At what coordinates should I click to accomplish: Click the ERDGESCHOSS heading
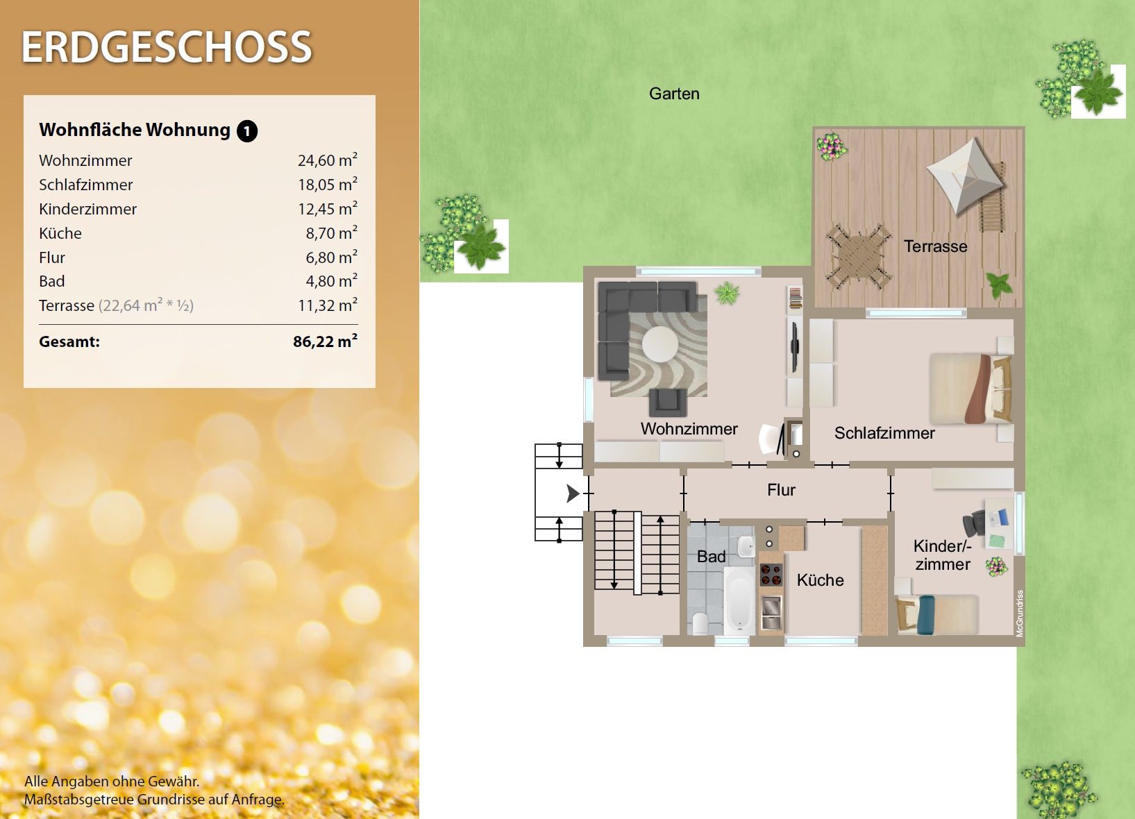[x=167, y=47]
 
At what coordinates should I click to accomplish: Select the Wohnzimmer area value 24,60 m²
[x=328, y=160]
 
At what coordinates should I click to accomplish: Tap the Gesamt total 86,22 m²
[x=325, y=341]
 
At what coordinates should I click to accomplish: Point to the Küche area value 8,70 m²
[x=331, y=233]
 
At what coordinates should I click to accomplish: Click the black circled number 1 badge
[x=247, y=131]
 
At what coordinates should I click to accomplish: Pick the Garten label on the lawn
[x=674, y=94]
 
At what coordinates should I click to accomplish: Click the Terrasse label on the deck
[x=935, y=246]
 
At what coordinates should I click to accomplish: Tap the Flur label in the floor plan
[x=781, y=490]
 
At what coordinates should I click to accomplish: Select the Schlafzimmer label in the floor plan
[x=884, y=433]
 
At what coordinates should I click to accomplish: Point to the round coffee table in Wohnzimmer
[x=659, y=344]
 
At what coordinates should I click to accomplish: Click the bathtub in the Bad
[x=739, y=600]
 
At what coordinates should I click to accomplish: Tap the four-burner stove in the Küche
[x=771, y=575]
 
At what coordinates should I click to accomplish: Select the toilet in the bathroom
[x=700, y=624]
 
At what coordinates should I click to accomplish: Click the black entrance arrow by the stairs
[x=573, y=493]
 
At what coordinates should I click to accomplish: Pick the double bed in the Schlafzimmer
[x=970, y=389]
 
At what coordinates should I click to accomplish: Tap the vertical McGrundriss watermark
[x=1020, y=614]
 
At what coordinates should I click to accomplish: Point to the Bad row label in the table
[x=51, y=281]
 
